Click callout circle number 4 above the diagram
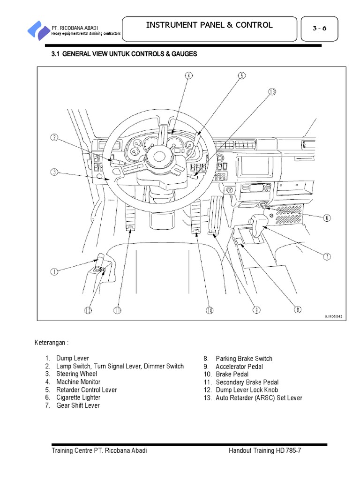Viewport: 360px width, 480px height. (x=188, y=75)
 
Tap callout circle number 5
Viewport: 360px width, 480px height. (x=241, y=75)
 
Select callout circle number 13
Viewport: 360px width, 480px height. (x=272, y=92)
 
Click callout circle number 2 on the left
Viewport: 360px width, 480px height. (x=55, y=138)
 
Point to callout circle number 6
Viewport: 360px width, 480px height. (x=327, y=218)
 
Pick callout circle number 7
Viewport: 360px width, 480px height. (x=327, y=256)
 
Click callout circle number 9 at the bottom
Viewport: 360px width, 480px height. (x=256, y=310)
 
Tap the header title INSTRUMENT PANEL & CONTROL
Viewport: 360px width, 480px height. (x=209, y=25)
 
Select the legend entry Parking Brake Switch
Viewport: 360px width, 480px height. (x=244, y=359)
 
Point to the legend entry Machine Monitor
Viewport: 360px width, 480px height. (x=78, y=382)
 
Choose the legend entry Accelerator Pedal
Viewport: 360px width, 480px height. (x=239, y=367)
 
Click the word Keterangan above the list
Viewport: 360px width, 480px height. (x=52, y=343)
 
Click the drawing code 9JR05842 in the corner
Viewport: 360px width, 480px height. (x=333, y=316)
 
